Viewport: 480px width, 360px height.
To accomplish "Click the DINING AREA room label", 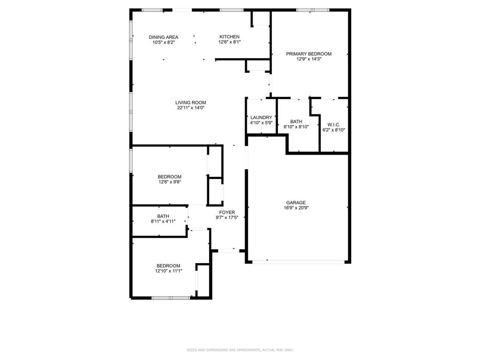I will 164,37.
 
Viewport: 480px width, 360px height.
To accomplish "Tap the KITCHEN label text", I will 230,37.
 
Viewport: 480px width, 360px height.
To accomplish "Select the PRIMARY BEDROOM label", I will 308,54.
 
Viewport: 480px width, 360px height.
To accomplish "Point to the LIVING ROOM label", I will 191,103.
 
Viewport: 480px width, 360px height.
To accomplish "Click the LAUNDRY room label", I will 261,118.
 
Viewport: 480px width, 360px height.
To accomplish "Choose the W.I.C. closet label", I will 333,125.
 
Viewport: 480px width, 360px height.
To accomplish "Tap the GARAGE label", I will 296,203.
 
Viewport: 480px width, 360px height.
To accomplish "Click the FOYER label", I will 227,212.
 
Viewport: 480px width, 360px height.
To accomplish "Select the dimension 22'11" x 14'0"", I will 191,108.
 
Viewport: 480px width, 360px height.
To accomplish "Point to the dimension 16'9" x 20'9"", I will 296,208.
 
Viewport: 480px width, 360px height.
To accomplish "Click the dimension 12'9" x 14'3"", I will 308,59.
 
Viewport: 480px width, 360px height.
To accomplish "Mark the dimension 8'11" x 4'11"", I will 163,221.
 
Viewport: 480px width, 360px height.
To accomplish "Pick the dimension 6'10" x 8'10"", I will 296,127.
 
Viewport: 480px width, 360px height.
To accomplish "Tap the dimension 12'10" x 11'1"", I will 169,271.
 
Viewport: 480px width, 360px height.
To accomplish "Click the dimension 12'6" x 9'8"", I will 170,182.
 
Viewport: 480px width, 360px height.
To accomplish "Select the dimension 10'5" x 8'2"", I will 164,42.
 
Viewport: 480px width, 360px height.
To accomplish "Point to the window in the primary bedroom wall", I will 313,10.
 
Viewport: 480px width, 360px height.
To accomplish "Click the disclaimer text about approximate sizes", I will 240,350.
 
